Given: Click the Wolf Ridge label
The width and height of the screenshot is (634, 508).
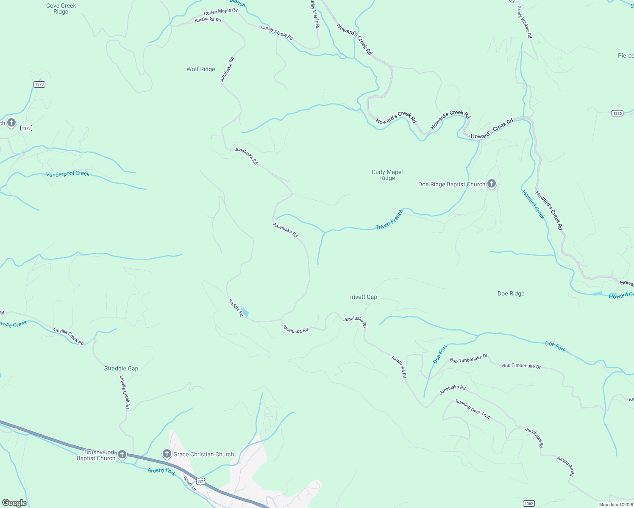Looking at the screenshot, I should (x=200, y=69).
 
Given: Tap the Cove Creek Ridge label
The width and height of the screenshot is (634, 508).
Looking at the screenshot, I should (x=61, y=9).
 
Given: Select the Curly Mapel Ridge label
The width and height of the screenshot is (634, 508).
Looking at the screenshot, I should (x=387, y=175).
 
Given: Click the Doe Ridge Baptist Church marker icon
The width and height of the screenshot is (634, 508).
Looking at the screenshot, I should (x=491, y=184).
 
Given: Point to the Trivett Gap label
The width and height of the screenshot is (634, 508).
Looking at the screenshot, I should (x=362, y=297).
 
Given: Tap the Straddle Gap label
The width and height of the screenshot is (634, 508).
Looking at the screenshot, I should (x=121, y=368).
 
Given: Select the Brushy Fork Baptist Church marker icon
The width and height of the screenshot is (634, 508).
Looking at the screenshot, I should (x=122, y=455).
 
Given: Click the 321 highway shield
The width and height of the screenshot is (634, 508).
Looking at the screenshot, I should (x=201, y=481).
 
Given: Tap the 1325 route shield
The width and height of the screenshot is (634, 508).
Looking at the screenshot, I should (x=617, y=113).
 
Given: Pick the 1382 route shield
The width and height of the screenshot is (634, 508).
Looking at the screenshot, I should (x=528, y=503).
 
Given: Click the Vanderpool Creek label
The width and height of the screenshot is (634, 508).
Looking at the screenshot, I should (x=68, y=174).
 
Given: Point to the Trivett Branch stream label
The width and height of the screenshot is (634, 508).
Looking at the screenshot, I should (x=389, y=220).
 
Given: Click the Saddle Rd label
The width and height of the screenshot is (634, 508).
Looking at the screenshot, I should (x=236, y=308).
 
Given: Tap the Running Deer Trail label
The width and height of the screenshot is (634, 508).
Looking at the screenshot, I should (x=473, y=409).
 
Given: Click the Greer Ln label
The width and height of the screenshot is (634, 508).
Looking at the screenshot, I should (x=189, y=483).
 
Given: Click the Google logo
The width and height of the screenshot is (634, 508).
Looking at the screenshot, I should (x=14, y=503).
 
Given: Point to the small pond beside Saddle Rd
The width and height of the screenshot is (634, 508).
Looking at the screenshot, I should (x=245, y=312).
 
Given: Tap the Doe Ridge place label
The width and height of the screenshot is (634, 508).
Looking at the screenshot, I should (x=511, y=293).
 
